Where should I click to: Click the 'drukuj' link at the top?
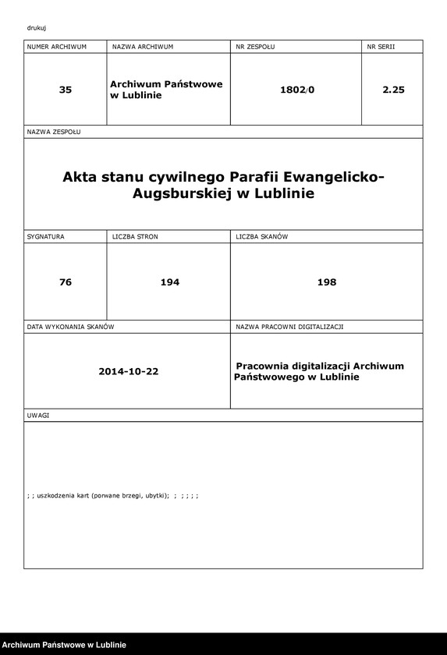tap(36, 28)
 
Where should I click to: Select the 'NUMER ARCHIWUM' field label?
tap(56, 47)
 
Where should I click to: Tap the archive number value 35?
tap(66, 90)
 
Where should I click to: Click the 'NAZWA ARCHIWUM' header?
tap(143, 47)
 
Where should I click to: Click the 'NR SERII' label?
tap(381, 47)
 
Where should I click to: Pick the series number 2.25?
tap(393, 90)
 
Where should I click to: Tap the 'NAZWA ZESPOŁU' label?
tap(54, 132)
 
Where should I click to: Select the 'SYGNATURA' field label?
tap(46, 235)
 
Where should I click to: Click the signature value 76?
tap(66, 281)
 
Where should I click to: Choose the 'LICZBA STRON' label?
tap(135, 235)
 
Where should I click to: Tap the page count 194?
tap(169, 281)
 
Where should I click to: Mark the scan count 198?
tap(327, 281)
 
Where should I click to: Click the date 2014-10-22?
tap(129, 371)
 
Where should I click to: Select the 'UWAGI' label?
tap(38, 416)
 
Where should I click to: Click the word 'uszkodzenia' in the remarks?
tap(62, 496)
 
